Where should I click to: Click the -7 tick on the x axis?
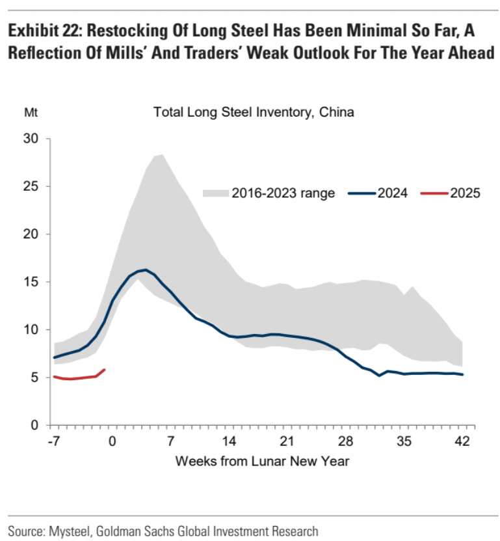[54, 442]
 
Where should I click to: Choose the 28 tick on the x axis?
[346, 442]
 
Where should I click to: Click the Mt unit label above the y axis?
[31, 112]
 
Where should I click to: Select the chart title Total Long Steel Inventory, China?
[254, 112]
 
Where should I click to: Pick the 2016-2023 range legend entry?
[269, 193]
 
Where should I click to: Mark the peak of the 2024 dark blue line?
[145, 270]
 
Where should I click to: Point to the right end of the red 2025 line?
[105, 370]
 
